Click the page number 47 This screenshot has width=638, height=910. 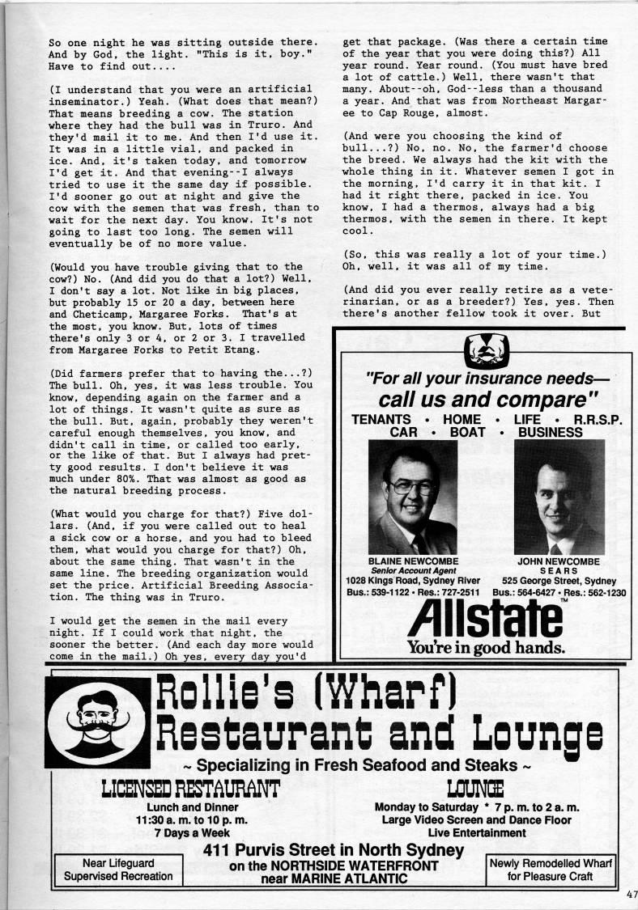coord(631,894)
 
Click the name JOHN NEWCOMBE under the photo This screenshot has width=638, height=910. coord(559,560)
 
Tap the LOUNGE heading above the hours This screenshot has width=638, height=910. coord(475,786)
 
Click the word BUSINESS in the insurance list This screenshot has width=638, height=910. coord(551,432)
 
